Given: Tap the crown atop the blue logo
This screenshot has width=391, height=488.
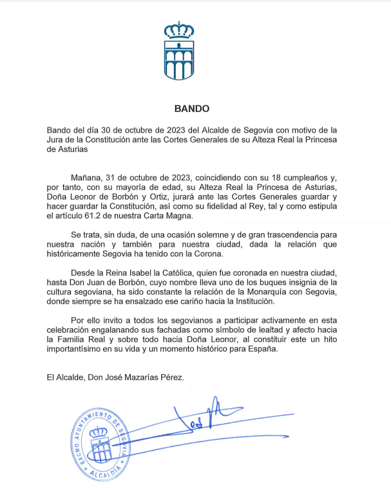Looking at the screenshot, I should [180, 30].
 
